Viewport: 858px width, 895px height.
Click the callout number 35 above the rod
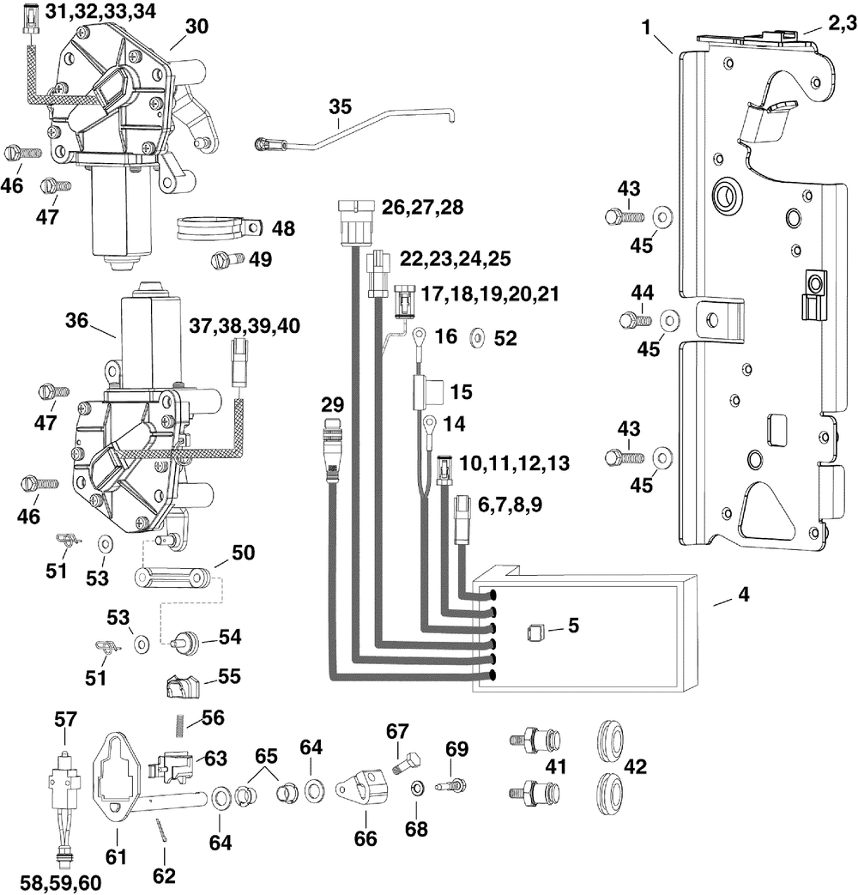(x=341, y=106)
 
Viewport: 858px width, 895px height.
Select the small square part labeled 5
(x=535, y=632)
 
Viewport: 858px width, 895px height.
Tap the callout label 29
(x=333, y=405)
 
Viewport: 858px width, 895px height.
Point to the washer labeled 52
(x=477, y=337)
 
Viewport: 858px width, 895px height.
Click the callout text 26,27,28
(x=422, y=207)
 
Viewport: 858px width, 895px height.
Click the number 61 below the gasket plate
(x=117, y=856)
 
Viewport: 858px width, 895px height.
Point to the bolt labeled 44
(x=635, y=319)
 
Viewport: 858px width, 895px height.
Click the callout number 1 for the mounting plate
(x=646, y=27)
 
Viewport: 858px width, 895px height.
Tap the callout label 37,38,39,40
(x=245, y=326)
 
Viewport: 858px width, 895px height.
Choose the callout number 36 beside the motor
(x=76, y=321)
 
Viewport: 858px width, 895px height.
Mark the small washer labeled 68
(x=416, y=789)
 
